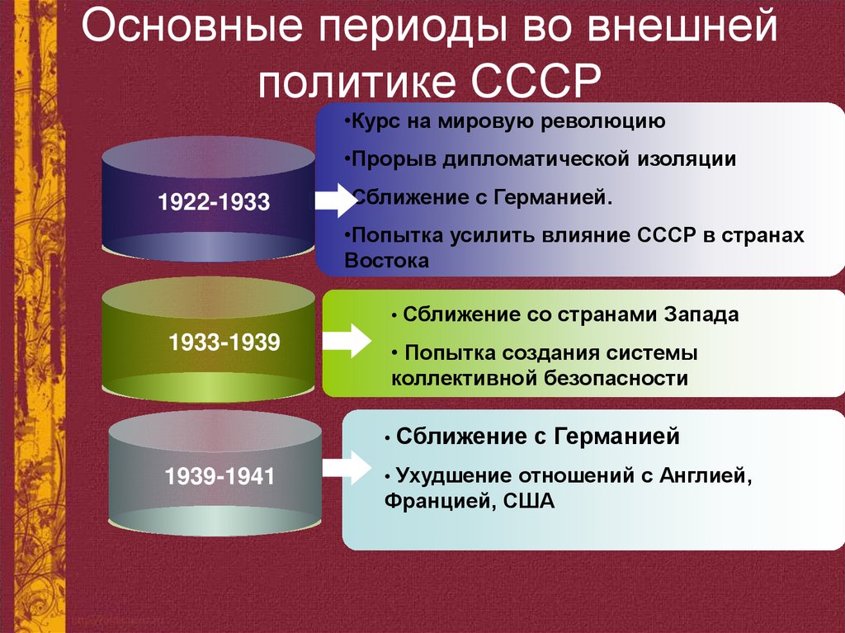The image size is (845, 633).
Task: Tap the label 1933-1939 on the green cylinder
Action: click(x=224, y=342)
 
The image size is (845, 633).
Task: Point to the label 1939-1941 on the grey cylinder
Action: click(x=220, y=476)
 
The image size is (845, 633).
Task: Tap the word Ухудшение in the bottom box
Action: click(x=452, y=476)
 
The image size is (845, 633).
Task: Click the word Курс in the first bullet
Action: click(x=372, y=122)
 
